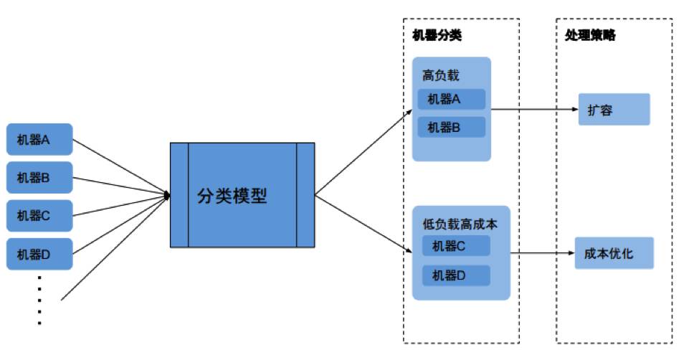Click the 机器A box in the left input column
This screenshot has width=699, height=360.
(39, 139)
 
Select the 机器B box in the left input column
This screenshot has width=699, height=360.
(39, 178)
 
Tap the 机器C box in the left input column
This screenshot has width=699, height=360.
(39, 215)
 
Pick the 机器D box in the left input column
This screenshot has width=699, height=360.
(39, 254)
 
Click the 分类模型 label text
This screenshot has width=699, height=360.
(232, 196)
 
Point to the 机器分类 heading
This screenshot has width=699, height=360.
(437, 35)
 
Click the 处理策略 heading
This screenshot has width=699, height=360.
(589, 35)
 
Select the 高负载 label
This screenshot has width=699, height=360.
(440, 75)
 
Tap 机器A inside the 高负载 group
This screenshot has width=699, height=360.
(451, 99)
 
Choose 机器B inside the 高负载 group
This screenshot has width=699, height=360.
(451, 127)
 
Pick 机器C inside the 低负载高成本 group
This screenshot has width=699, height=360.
(456, 246)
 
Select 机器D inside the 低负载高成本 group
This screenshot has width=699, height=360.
(456, 275)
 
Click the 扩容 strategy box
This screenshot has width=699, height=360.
(614, 110)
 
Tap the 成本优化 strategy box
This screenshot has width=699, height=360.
(614, 253)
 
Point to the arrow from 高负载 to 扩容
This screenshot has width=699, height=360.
(534, 110)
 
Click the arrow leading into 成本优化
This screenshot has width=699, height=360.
(542, 253)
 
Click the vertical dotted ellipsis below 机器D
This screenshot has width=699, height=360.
(39, 300)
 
